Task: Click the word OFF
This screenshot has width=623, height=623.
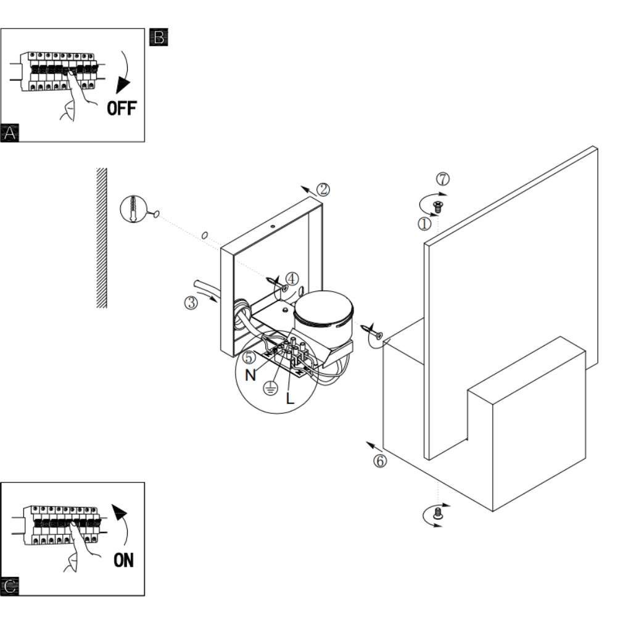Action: point(122,108)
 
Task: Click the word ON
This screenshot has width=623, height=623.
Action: point(123,560)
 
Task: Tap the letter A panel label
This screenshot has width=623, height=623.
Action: point(9,133)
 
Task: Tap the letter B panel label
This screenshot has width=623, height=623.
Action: point(159,37)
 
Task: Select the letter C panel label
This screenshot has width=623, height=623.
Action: point(9,587)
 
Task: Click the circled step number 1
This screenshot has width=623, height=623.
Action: point(424,224)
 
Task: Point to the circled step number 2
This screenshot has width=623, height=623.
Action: point(323,189)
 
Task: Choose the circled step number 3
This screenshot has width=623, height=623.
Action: point(191,303)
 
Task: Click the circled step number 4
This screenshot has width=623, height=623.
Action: point(292,279)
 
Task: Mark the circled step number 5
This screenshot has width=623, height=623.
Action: point(249,357)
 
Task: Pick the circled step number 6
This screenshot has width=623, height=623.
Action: point(380,461)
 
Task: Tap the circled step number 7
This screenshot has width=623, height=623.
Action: point(443,179)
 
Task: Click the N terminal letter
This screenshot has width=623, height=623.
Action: point(250,375)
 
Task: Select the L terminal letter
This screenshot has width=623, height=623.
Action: point(290,398)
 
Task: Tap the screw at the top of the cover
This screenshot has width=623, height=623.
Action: point(438,207)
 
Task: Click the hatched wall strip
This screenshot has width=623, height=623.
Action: point(102,237)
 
